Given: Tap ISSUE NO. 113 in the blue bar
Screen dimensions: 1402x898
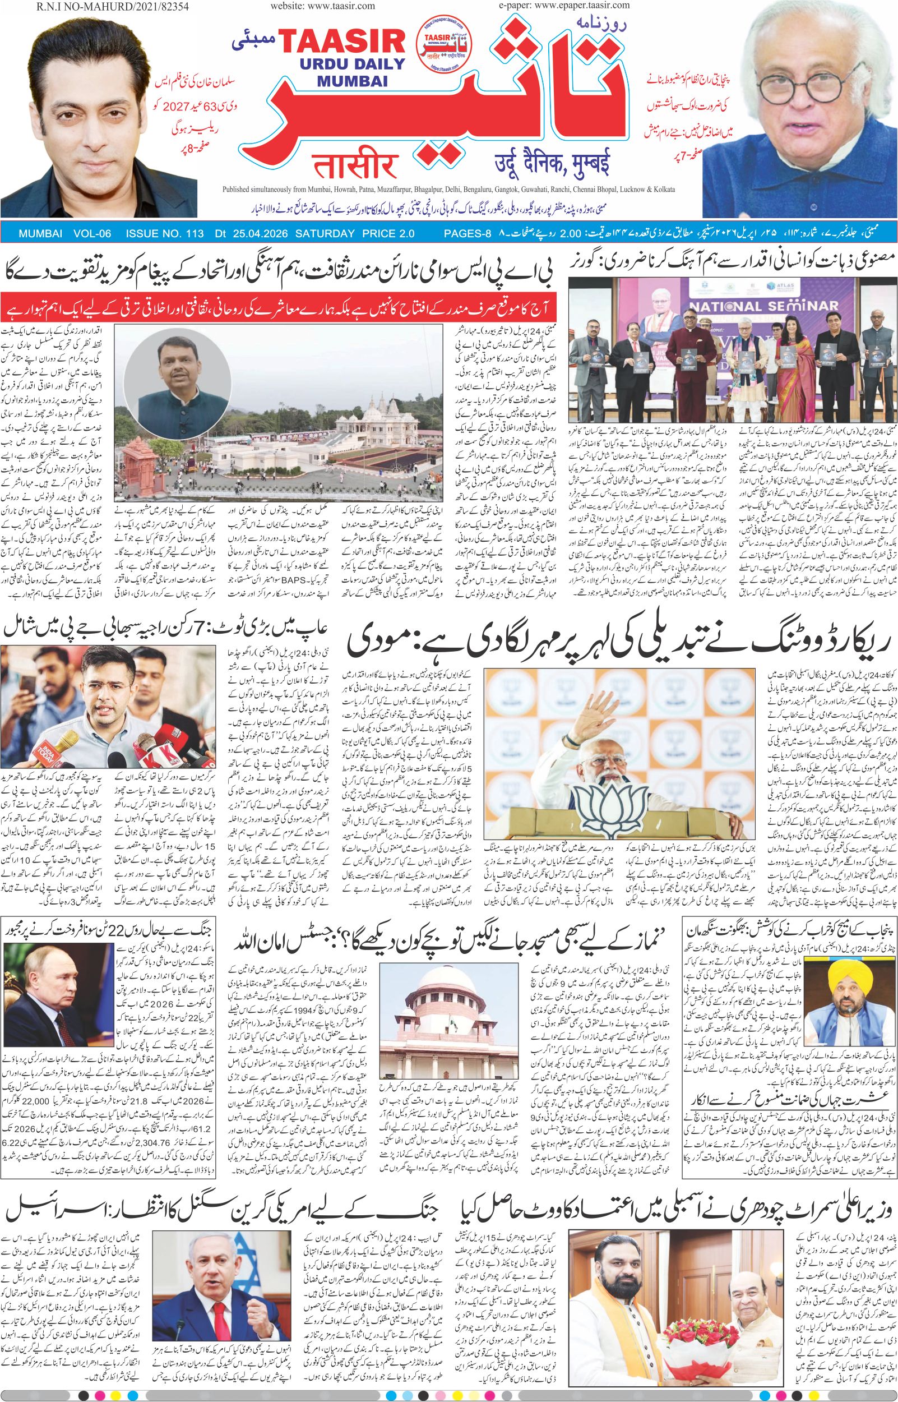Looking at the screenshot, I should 164,234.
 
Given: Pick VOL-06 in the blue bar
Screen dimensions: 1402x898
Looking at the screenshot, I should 92,234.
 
